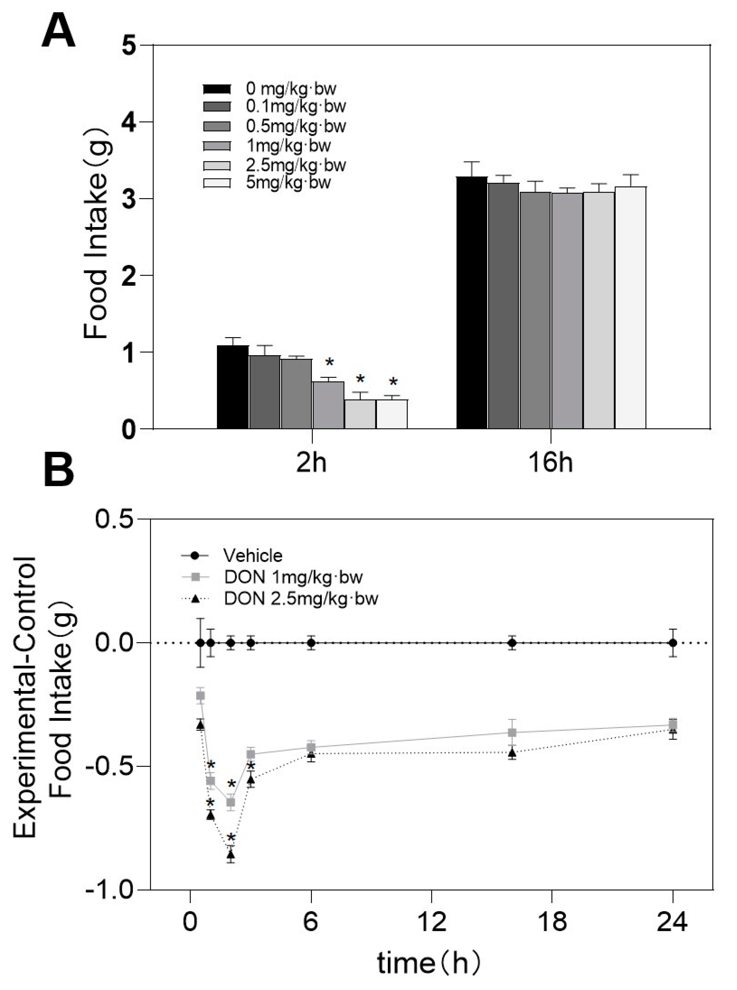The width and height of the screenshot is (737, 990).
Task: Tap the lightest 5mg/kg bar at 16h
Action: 630,308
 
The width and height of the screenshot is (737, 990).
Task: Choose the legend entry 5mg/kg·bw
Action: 288,183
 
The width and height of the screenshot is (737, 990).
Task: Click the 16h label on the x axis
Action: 550,463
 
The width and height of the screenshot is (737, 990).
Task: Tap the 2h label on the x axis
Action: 311,463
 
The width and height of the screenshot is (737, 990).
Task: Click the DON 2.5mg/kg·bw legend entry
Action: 301,598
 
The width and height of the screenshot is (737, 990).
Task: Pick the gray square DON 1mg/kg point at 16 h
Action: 513,733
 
